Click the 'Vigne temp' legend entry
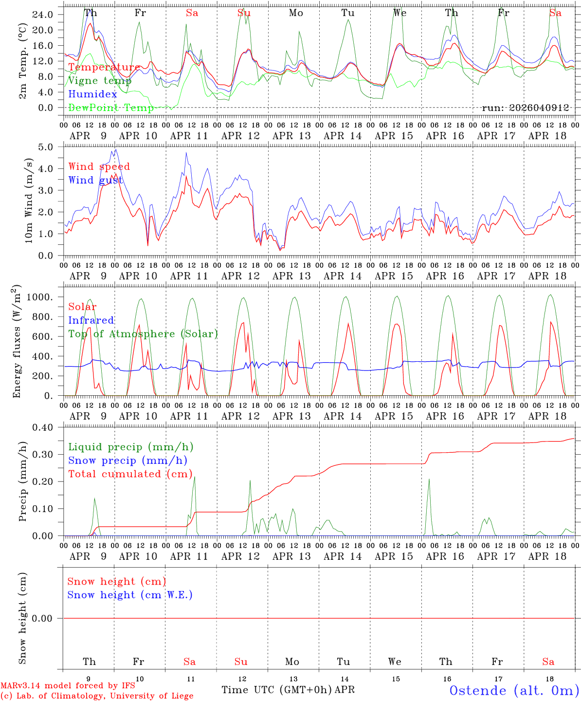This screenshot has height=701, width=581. (97, 81)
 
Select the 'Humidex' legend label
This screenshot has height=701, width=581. (92, 94)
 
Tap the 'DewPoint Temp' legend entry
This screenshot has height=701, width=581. (111, 108)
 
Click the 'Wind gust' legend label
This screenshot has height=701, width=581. (95, 180)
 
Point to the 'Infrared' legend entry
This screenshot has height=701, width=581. (91, 320)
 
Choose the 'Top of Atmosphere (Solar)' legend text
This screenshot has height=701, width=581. (143, 334)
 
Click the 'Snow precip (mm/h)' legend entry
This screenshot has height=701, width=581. (127, 461)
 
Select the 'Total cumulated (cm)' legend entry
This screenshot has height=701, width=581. (130, 474)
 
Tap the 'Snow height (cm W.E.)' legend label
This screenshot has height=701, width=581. (129, 595)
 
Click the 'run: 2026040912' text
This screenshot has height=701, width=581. (525, 108)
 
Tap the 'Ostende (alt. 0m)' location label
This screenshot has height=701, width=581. (514, 690)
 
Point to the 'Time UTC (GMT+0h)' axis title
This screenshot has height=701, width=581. (277, 690)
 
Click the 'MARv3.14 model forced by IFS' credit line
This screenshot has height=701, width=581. (68, 685)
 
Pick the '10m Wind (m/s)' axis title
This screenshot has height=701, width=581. (28, 200)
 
